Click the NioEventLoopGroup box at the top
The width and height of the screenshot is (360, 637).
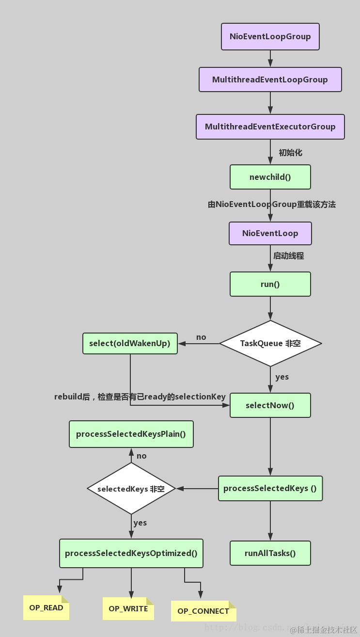pos(270,37)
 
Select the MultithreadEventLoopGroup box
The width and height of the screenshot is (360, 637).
pos(270,80)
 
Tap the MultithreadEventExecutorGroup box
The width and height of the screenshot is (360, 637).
pos(270,127)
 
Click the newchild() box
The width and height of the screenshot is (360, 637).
pos(270,177)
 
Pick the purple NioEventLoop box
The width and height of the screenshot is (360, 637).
pos(270,234)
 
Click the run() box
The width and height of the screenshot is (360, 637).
pos(270,284)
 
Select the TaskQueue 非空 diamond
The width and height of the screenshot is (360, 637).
pos(270,343)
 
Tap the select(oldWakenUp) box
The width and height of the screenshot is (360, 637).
pos(130,343)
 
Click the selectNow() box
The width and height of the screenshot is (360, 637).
pos(270,405)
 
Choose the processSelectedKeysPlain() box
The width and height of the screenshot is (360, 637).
pos(131,434)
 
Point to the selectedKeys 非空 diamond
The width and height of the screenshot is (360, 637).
pos(131,489)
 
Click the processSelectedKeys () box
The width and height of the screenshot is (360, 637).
pos(270,488)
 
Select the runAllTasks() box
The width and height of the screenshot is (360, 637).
pos(270,553)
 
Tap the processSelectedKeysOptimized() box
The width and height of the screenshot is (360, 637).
pos(131,553)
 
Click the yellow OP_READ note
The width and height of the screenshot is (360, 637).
pos(46,608)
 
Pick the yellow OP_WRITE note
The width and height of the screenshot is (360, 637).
pos(128,608)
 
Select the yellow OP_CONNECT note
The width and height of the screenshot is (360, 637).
pos(203,611)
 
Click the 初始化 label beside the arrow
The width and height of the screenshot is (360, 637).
pos(290,153)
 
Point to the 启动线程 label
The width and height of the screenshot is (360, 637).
pos(289,256)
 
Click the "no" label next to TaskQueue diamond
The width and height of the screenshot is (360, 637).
pos(201,337)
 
